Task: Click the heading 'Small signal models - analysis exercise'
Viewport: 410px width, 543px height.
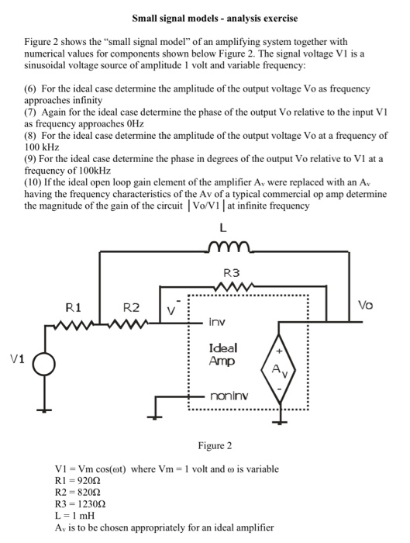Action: tap(204, 17)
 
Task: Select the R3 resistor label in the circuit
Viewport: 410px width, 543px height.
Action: tap(231, 273)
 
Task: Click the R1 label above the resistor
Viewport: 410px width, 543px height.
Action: tap(74, 307)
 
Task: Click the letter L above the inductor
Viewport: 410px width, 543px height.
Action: tap(223, 228)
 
